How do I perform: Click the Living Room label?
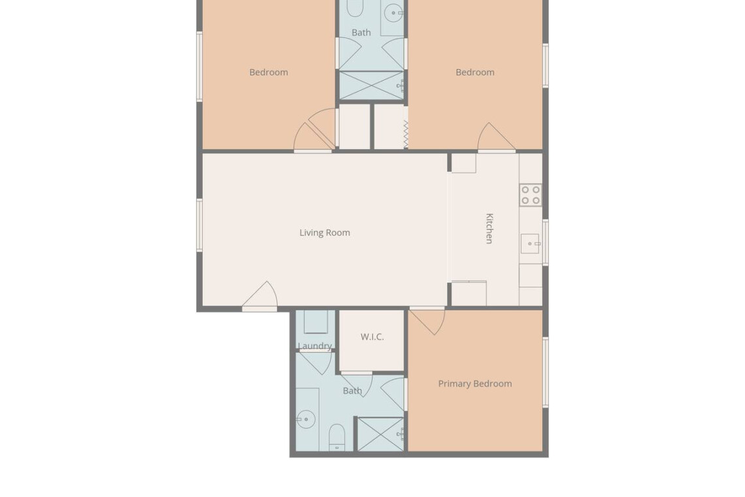pyautogui.click(x=325, y=233)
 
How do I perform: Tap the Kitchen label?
pyautogui.click(x=489, y=228)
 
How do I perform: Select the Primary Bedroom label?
pyautogui.click(x=474, y=384)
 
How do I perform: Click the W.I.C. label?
pyautogui.click(x=372, y=337)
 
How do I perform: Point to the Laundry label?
pyautogui.click(x=314, y=346)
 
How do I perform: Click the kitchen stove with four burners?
pyautogui.click(x=531, y=195)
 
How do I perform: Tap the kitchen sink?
pyautogui.click(x=531, y=243)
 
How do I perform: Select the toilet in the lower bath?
pyautogui.click(x=337, y=437)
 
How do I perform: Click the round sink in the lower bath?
pyautogui.click(x=306, y=419)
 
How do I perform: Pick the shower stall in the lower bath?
pyautogui.click(x=380, y=434)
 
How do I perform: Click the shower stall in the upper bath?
pyautogui.click(x=371, y=86)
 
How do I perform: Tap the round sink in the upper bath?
pyautogui.click(x=393, y=13)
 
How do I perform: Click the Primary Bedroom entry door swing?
pyautogui.click(x=427, y=322)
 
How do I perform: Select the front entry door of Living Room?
pyautogui.click(x=259, y=296)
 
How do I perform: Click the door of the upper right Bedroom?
pyautogui.click(x=497, y=137)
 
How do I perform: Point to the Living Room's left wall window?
pyautogui.click(x=199, y=226)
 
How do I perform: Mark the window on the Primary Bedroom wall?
pyautogui.click(x=546, y=372)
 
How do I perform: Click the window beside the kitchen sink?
pyautogui.click(x=546, y=242)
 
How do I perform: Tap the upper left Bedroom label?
pyautogui.click(x=269, y=73)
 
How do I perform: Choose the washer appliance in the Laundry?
pyautogui.click(x=316, y=322)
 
